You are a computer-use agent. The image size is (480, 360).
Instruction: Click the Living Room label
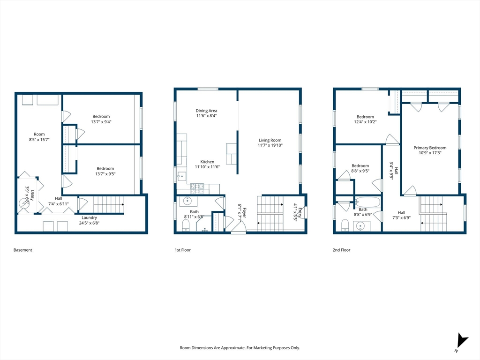270,140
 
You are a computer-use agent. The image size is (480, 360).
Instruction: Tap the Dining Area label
206,111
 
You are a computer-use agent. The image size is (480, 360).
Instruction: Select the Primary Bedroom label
430,148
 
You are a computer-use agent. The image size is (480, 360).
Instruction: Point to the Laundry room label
89,217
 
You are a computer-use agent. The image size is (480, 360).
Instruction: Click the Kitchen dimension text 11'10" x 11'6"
207,167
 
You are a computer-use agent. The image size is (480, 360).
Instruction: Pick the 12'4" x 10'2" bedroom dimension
365,122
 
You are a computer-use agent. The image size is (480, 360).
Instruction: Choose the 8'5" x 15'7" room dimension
39,139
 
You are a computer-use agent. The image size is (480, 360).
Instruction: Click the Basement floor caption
22,250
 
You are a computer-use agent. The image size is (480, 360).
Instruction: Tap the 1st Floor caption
183,250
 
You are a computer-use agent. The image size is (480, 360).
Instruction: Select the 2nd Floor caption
341,250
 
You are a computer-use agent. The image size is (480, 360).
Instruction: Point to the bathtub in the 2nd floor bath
367,202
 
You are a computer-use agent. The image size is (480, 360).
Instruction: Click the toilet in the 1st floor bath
186,225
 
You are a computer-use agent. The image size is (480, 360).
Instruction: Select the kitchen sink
181,176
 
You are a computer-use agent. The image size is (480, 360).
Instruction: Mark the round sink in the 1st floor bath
187,201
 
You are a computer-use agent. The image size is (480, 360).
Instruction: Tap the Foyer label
244,211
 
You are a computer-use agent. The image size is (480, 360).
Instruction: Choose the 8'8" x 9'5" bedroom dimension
360,171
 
